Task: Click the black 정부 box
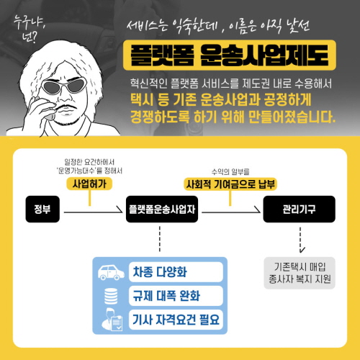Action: [42, 209]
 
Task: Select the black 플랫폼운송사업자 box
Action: [162, 209]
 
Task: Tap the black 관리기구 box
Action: [299, 209]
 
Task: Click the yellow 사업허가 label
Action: [89, 184]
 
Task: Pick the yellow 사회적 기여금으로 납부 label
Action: [230, 184]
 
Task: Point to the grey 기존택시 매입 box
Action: [300, 273]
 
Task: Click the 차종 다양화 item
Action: [176, 272]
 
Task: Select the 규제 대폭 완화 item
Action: [176, 296]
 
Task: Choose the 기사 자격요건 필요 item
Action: [176, 320]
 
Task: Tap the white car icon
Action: [111, 272]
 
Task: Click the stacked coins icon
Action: [111, 296]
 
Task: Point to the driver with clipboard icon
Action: [112, 320]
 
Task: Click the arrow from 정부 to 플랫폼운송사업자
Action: [93, 212]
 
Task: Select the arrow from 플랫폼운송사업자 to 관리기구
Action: [231, 212]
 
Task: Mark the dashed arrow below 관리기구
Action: [300, 240]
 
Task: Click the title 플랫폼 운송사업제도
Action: [230, 55]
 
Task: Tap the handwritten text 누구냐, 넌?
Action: [28, 29]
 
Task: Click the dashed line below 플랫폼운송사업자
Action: [160, 239]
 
